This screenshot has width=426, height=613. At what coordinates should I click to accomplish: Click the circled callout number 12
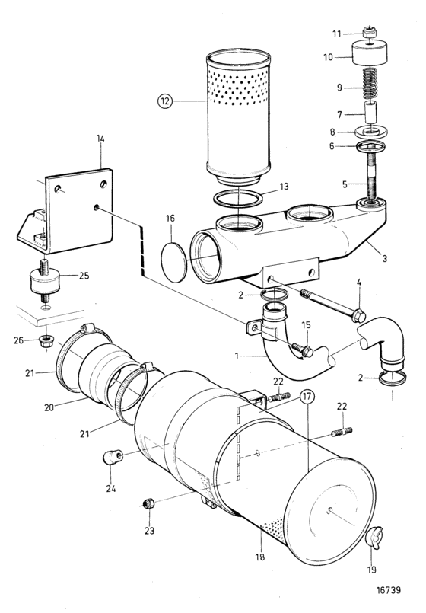click(165, 101)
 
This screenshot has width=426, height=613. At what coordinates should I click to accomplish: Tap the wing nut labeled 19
click(374, 539)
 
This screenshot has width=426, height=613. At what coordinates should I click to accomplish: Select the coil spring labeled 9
click(370, 84)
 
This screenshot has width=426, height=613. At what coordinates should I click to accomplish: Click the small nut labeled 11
click(367, 32)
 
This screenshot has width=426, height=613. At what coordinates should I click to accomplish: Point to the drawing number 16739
click(389, 590)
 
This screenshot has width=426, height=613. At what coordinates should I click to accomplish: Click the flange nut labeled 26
click(47, 342)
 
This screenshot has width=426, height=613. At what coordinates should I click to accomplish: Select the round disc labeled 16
click(173, 262)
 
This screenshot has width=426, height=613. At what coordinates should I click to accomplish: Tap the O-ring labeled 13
click(238, 198)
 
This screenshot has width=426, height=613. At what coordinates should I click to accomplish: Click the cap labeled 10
click(370, 54)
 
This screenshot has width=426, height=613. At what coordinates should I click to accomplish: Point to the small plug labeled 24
click(113, 457)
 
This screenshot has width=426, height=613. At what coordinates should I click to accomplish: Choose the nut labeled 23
click(148, 503)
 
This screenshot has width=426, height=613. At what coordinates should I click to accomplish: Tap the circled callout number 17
click(307, 397)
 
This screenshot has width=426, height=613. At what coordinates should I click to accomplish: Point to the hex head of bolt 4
click(358, 315)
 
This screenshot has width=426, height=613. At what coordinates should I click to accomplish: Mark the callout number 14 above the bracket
click(100, 139)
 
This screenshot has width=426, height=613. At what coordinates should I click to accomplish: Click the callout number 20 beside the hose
click(49, 407)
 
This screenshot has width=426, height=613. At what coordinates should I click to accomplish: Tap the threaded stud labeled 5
click(370, 176)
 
